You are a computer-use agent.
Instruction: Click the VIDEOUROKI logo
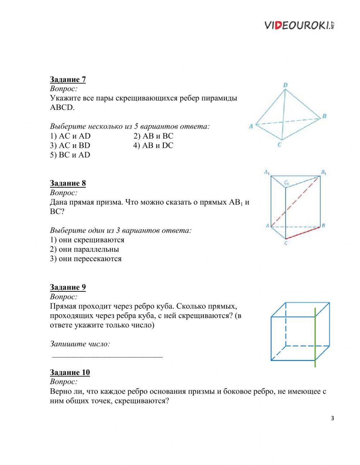(300, 25)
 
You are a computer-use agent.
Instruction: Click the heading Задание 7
(68, 79)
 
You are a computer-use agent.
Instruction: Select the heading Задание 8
(68, 183)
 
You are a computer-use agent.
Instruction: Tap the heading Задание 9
(68, 287)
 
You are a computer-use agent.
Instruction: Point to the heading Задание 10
(69, 372)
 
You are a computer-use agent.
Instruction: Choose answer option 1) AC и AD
(70, 136)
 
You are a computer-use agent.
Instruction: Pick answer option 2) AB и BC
(153, 136)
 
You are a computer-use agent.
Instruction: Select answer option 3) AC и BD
(70, 146)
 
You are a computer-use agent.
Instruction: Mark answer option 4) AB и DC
(153, 146)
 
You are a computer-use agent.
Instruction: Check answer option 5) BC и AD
(70, 155)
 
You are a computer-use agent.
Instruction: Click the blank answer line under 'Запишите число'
(107, 356)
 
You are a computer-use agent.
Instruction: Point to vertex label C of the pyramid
(279, 145)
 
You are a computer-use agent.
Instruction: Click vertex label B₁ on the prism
(324, 173)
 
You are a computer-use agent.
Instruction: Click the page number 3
(332, 418)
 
